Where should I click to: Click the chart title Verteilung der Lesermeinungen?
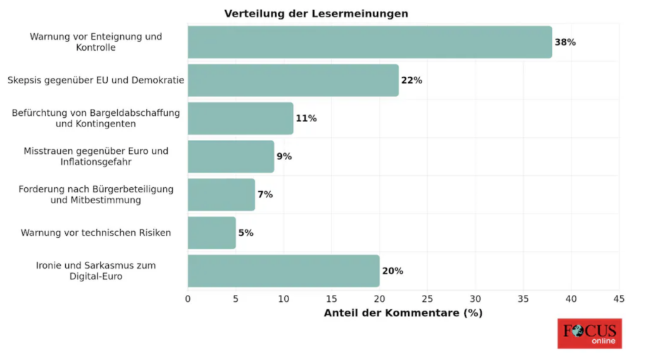click(316, 13)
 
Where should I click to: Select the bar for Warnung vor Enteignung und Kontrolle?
click(370, 42)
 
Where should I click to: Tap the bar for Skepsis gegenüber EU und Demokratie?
click(293, 80)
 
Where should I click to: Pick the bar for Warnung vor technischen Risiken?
click(212, 233)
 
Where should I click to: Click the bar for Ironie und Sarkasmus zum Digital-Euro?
click(283, 271)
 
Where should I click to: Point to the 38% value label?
click(565, 42)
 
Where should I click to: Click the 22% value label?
click(411, 80)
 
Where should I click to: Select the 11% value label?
click(306, 118)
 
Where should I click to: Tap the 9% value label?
click(284, 156)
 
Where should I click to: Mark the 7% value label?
click(265, 194)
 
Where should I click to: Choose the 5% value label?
click(246, 233)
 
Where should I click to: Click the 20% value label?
click(392, 271)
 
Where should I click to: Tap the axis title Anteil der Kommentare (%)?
click(403, 313)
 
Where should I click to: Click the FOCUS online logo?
click(589, 333)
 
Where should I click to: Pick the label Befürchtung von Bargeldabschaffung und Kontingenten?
click(96, 118)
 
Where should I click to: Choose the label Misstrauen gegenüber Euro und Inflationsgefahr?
click(96, 156)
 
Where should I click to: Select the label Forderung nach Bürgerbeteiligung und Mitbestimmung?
click(96, 194)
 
